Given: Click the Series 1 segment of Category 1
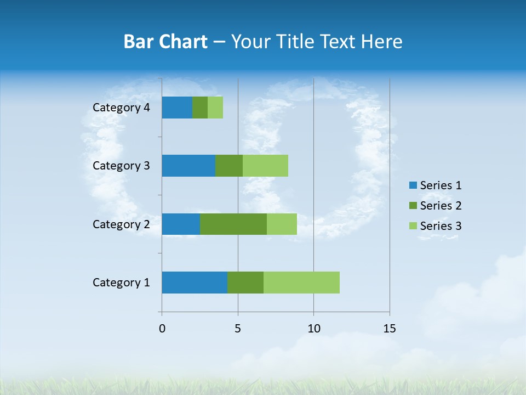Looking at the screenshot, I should pyautogui.click(x=195, y=283).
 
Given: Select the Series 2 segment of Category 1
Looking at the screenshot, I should pyautogui.click(x=245, y=283).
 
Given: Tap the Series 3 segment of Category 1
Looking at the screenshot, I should pyautogui.click(x=301, y=283).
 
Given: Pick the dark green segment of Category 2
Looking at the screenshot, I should pyautogui.click(x=233, y=224).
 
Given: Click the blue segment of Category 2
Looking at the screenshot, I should pyautogui.click(x=181, y=224).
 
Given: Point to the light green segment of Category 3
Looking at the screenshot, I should pyautogui.click(x=265, y=166).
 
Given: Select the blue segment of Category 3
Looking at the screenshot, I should pyautogui.click(x=188, y=166).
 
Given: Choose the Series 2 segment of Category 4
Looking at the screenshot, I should pyautogui.click(x=200, y=108).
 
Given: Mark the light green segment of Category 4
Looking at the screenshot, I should pyautogui.click(x=215, y=108).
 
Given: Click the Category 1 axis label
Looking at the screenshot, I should pyautogui.click(x=121, y=283).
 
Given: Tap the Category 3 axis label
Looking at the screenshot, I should pyautogui.click(x=121, y=166).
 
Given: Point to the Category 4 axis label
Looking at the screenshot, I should pyautogui.click(x=121, y=108).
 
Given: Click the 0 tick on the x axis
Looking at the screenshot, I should pyautogui.click(x=162, y=329).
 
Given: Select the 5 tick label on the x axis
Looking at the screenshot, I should pyautogui.click(x=238, y=329).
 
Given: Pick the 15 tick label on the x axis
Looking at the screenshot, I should pyautogui.click(x=389, y=329).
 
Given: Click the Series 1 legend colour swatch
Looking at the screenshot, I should pyautogui.click(x=413, y=185).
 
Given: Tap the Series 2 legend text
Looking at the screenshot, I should pyautogui.click(x=441, y=206).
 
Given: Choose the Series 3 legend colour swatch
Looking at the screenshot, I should pyautogui.click(x=413, y=226).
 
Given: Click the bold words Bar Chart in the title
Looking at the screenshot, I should pyautogui.click(x=165, y=42).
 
